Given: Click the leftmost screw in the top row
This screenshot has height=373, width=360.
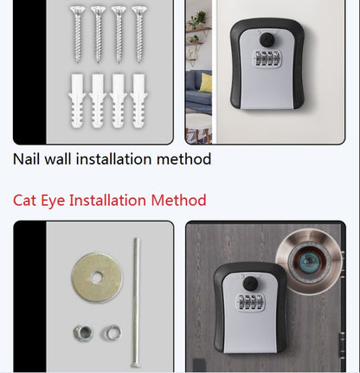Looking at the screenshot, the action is coord(78,34).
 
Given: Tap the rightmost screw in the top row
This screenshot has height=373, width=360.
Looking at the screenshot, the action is coord(139,34).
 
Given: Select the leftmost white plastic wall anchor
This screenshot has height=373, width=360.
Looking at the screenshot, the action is coord(77,100).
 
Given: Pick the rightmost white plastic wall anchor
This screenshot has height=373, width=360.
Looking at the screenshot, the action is coord(138,100).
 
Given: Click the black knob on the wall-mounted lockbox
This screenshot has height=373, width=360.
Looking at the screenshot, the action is coord(267,40).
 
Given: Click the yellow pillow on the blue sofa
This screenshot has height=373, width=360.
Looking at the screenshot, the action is coord(206,83).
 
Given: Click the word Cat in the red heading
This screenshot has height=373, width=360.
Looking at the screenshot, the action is coord(24,200).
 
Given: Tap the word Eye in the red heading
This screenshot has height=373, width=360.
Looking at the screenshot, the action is coord(53,201).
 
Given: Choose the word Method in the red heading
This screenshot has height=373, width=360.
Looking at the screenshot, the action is coord(178,200).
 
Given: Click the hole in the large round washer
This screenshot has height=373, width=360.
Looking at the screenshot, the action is coord(97,277).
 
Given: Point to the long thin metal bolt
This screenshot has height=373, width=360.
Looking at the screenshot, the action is coord(136,302).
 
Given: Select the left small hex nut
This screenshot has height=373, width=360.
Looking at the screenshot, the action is coord(83,333).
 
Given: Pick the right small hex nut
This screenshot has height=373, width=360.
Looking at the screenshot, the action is coord(112,332).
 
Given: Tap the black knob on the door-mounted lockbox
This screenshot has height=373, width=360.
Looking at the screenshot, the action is coord(250,284).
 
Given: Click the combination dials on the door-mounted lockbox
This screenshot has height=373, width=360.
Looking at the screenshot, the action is coord(250,303).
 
